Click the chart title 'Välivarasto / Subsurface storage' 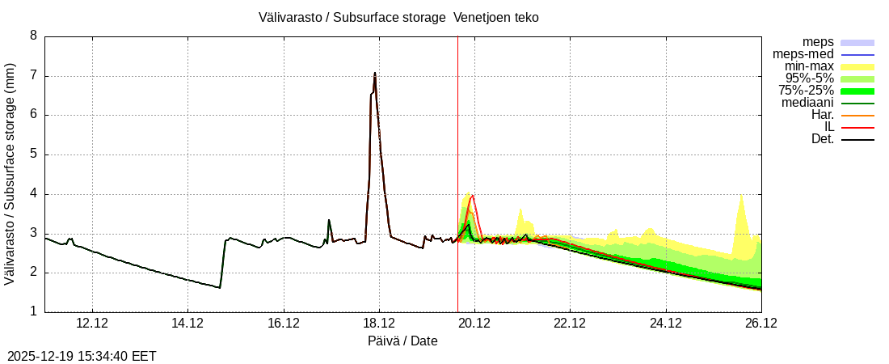point(352,17)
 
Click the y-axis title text point(10,173)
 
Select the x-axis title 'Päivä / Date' point(402,341)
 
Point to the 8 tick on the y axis point(33,36)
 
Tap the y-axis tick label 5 point(33,154)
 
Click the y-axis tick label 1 point(33,311)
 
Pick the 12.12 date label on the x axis point(92,324)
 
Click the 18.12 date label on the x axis point(379,324)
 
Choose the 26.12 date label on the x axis point(761,324)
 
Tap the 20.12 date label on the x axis point(474,324)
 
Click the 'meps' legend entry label point(818,42)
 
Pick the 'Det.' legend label point(822,139)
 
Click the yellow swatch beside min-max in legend point(857,66)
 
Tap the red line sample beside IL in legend point(857,127)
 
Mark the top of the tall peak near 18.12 point(375,73)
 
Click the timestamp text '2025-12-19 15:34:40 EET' point(82,356)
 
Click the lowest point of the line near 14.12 point(219,287)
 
